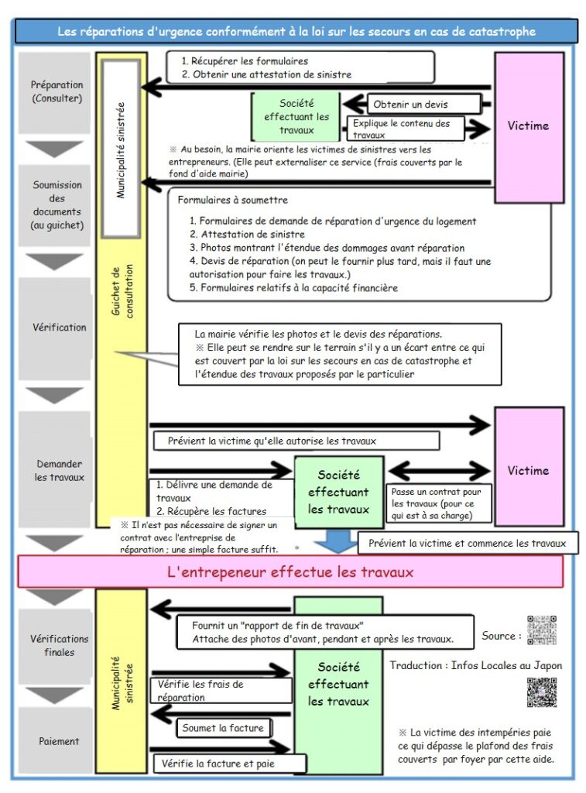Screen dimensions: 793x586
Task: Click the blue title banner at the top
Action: [x=296, y=31]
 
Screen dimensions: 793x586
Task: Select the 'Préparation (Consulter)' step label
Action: [x=57, y=91]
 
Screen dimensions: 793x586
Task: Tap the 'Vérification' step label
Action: [x=59, y=327]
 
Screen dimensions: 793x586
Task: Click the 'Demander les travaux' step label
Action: [x=59, y=470]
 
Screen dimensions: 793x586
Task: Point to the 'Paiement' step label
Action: [x=59, y=741]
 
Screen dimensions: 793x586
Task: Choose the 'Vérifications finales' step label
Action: [x=59, y=645]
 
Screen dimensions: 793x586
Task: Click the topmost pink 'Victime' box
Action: [x=529, y=126]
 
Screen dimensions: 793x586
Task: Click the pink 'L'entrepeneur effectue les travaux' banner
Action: [x=290, y=572]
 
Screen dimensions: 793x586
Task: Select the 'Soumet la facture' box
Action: [x=223, y=728]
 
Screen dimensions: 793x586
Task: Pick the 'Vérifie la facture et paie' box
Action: [x=229, y=764]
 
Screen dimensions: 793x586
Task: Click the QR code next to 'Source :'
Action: [x=541, y=630]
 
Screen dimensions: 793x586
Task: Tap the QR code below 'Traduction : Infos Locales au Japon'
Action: [x=541, y=692]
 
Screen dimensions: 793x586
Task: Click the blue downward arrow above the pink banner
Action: [x=336, y=540]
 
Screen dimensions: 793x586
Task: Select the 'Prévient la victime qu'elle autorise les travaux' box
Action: [x=294, y=441]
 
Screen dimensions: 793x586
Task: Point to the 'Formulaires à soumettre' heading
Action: [x=232, y=200]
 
